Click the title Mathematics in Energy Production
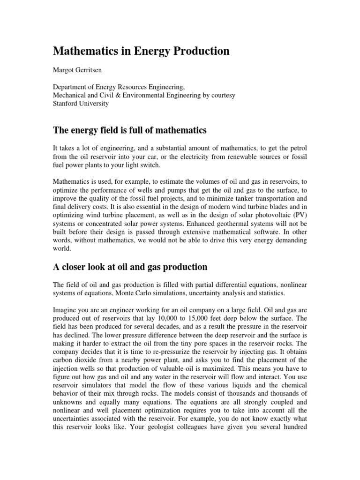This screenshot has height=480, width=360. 141,51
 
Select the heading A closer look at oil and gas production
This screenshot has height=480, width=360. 130,267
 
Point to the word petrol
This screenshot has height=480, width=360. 298,148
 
